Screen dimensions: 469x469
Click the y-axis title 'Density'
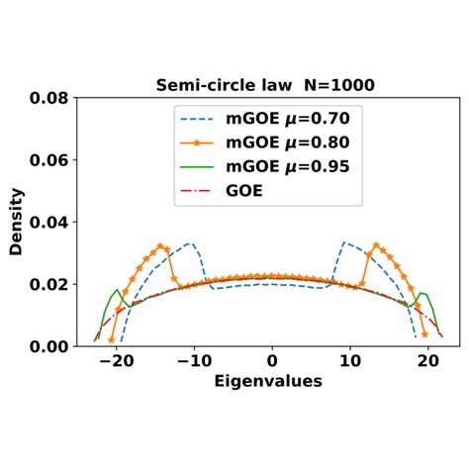pyautogui.click(x=16, y=224)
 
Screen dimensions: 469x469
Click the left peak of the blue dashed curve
pyautogui.click(x=188, y=243)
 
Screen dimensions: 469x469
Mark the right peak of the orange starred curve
pyautogui.click(x=377, y=243)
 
